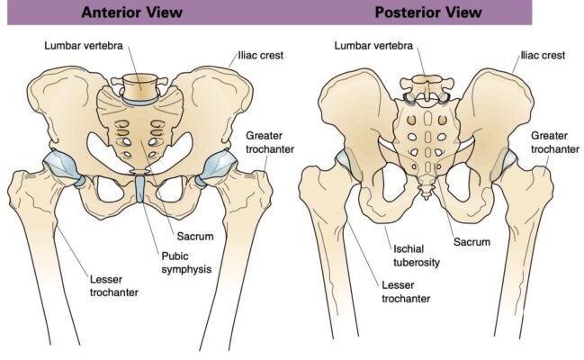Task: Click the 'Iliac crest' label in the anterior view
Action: click(x=260, y=55)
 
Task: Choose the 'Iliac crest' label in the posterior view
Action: click(x=544, y=55)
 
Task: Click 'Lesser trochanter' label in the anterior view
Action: click(x=112, y=285)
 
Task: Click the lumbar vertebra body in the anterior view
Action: click(x=139, y=88)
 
